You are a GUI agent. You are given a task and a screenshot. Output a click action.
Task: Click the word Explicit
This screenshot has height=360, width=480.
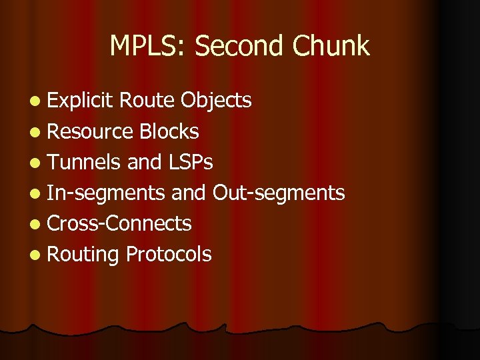tap(81, 101)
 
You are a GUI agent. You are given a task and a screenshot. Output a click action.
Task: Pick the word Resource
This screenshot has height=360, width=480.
tap(91, 131)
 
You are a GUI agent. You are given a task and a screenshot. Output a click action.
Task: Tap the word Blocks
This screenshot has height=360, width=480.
tap(169, 131)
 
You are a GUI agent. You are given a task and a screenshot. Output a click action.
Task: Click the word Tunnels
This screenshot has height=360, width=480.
tap(85, 162)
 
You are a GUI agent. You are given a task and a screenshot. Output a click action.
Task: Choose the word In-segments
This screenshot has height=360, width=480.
tap(106, 193)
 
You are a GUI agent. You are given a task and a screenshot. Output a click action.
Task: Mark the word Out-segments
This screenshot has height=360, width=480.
tap(279, 193)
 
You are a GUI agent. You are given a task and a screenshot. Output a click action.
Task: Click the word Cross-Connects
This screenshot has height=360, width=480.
tap(119, 223)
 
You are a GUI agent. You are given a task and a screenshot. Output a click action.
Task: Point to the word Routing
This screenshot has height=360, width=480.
tap(83, 254)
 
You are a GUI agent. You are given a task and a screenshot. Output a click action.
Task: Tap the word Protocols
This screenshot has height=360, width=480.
tap(169, 254)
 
